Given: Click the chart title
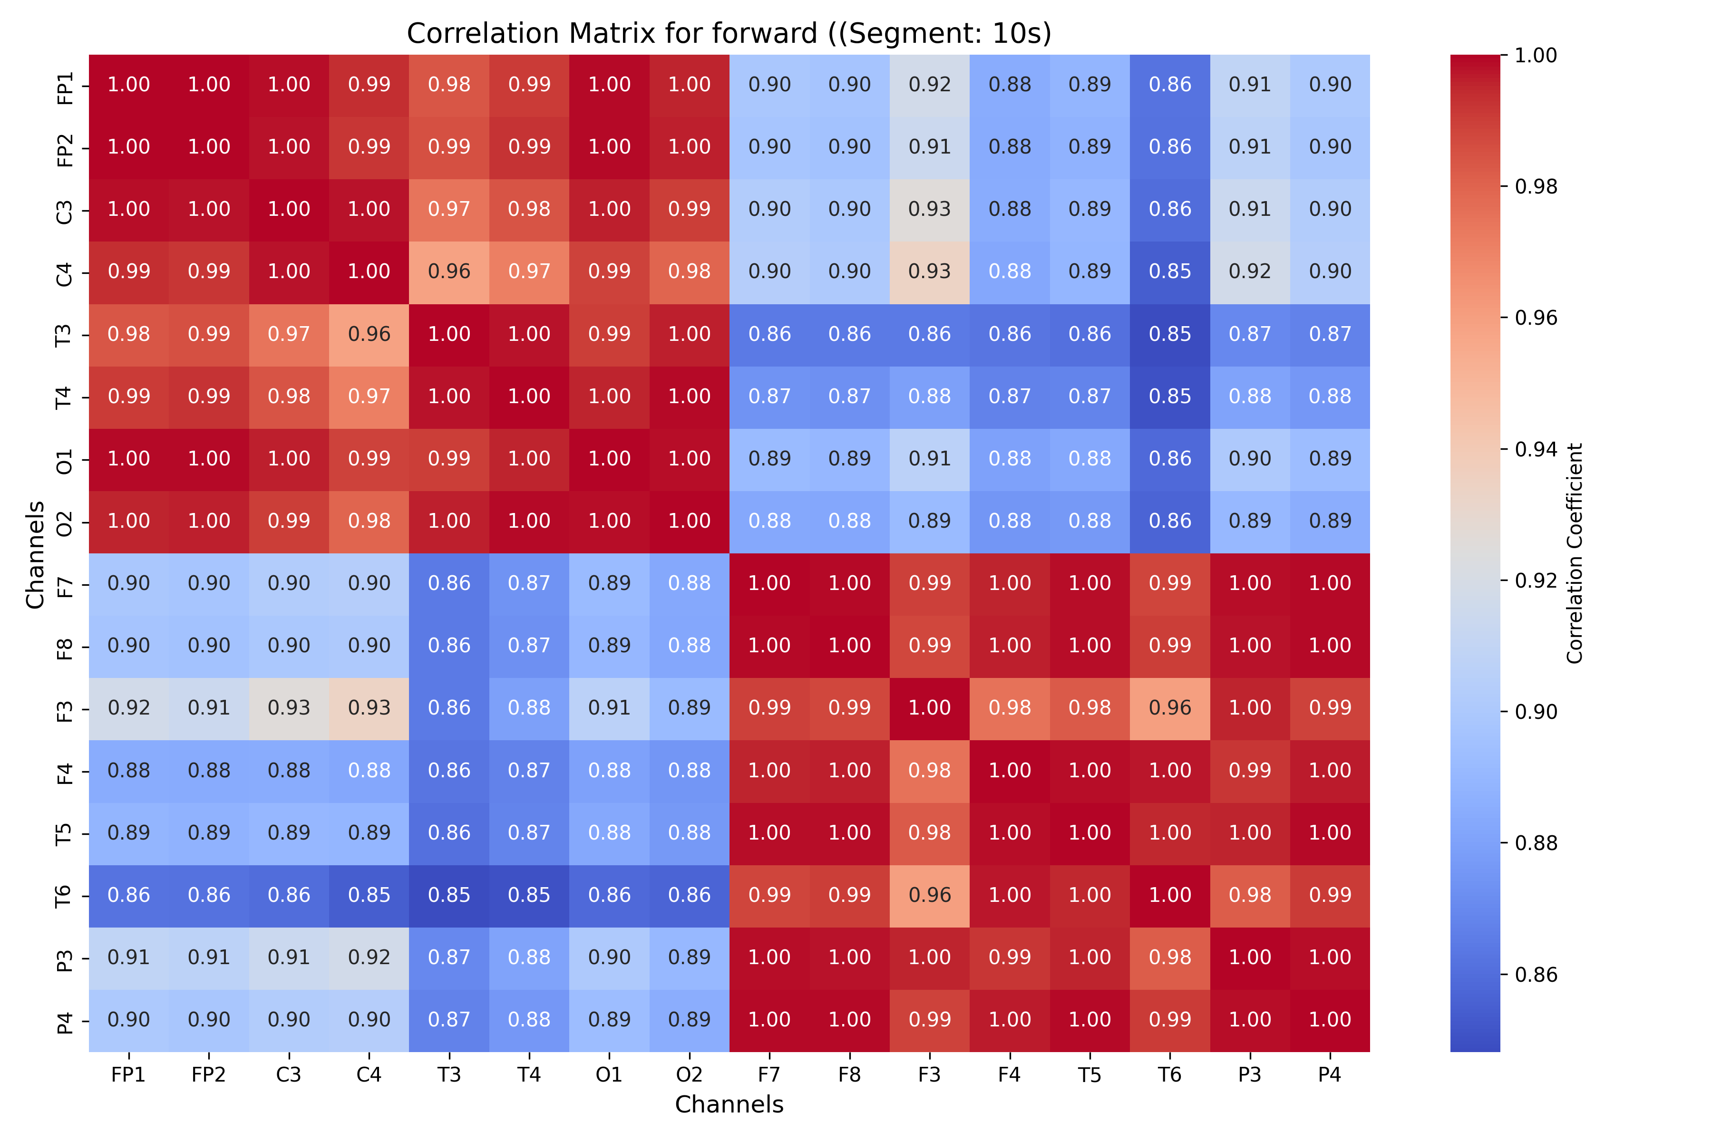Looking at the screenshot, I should pyautogui.click(x=729, y=33).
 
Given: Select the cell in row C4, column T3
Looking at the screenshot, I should pyautogui.click(x=449, y=272).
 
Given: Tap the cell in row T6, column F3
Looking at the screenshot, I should pyautogui.click(x=930, y=896).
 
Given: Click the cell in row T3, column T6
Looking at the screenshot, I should pyautogui.click(x=1170, y=335).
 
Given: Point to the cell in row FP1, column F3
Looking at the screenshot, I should pyautogui.click(x=930, y=85).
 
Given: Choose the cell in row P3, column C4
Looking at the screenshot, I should pyautogui.click(x=369, y=957).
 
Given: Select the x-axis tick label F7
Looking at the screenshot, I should pyautogui.click(x=769, y=1075).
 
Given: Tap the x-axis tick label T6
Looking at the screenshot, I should pyautogui.click(x=1170, y=1075).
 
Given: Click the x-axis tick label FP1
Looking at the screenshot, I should pyautogui.click(x=129, y=1075).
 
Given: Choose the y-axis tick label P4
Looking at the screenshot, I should pyautogui.click(x=65, y=1021).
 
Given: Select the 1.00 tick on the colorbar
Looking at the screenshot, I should pyautogui.click(x=1536, y=55).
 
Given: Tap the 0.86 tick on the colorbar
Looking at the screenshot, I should pyautogui.click(x=1536, y=974).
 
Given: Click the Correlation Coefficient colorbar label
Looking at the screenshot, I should pyautogui.click(x=1575, y=553).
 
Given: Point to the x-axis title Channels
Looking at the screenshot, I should pyautogui.click(x=729, y=1104).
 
